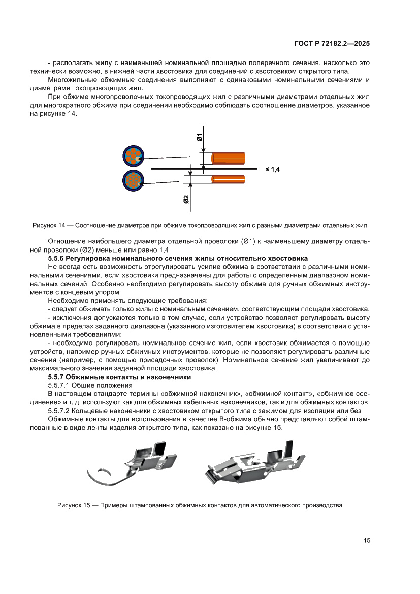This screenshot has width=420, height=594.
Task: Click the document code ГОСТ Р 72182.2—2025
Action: [x=332, y=44]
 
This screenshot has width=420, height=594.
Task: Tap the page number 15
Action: [x=367, y=540]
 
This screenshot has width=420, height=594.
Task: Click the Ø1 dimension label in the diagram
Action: [x=200, y=137]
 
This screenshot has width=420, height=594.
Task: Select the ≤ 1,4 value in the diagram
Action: [x=273, y=169]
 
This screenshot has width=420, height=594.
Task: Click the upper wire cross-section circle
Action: [x=134, y=157]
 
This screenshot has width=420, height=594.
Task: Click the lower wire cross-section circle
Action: [x=134, y=180]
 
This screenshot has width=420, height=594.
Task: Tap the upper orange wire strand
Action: [x=228, y=158]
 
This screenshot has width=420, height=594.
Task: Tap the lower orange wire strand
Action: [x=228, y=179]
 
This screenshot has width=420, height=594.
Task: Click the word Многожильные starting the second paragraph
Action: [x=71, y=80]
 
